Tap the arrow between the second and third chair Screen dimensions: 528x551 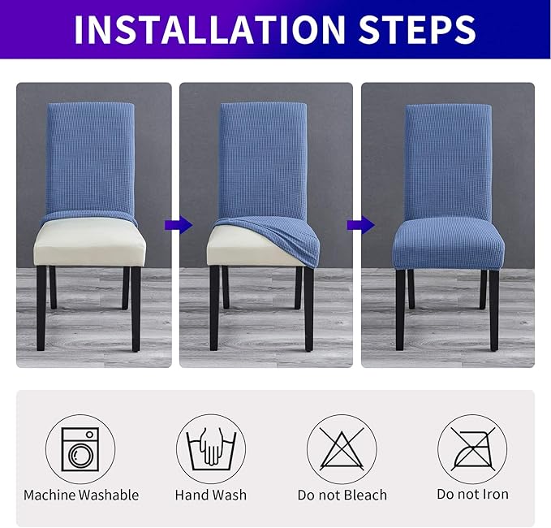[355, 224]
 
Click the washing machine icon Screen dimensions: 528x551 [80, 448]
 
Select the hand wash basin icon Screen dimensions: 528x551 [210, 448]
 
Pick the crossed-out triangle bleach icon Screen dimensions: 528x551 [341, 448]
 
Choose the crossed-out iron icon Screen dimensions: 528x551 [471, 448]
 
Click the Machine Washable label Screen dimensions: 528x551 [81, 495]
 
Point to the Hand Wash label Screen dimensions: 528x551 [210, 495]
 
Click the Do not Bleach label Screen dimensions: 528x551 [342, 495]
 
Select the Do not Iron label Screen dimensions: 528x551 [471, 495]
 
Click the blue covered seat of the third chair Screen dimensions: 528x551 [448, 244]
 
